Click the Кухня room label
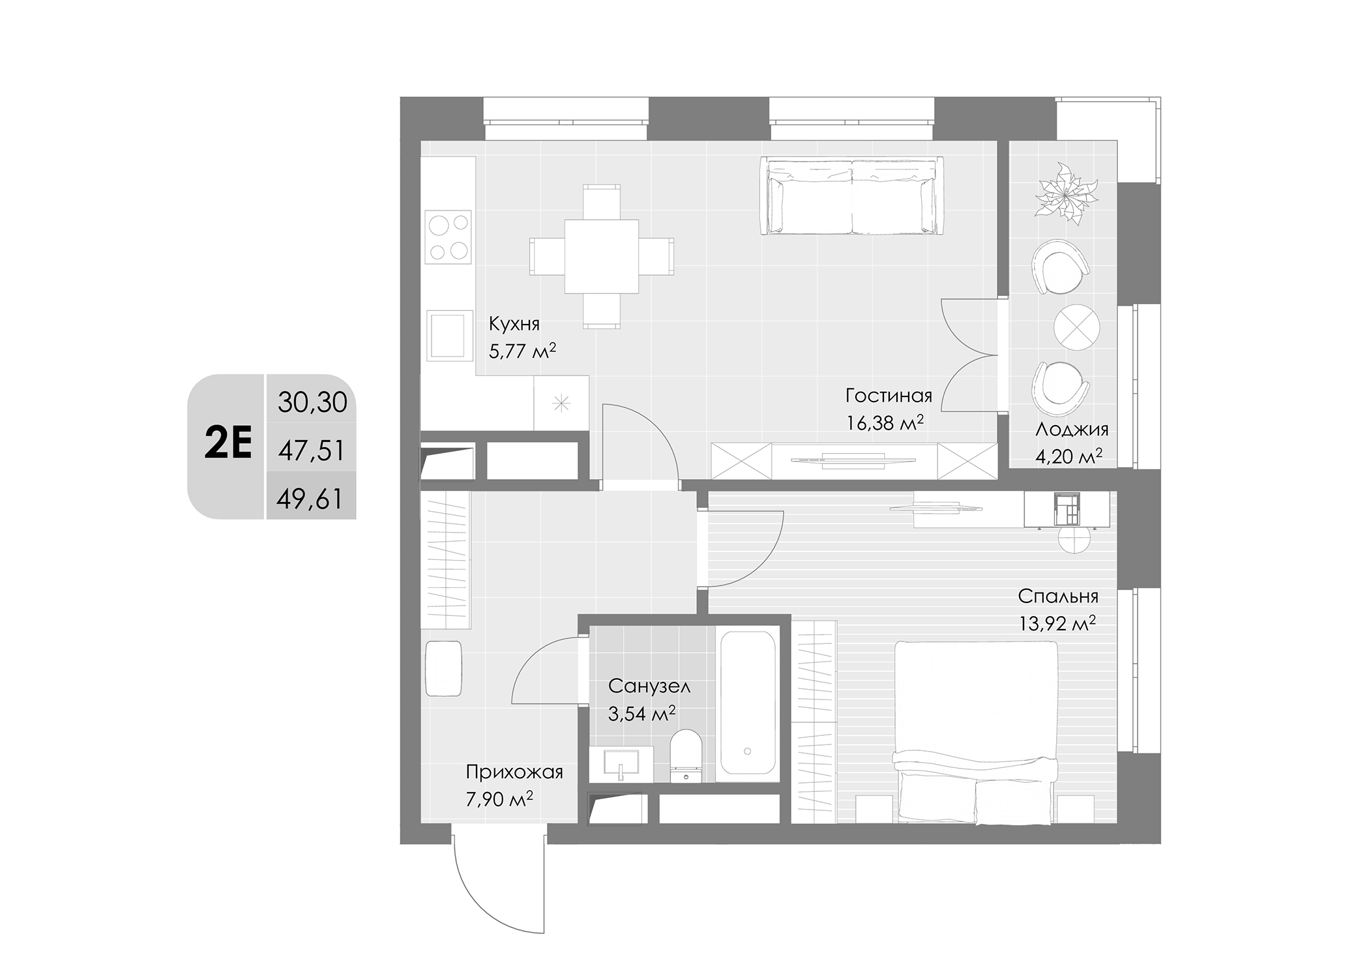point(514,324)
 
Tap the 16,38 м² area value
point(885,423)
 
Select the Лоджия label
point(1072,430)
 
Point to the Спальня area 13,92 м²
point(1057,624)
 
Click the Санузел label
point(649,686)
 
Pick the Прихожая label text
point(514,772)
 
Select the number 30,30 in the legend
point(312,402)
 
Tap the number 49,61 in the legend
point(310,499)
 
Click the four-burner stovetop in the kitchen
point(448,236)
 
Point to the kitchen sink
point(449,335)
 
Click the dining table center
point(601,256)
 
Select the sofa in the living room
point(852,196)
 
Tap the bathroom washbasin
point(621,764)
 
